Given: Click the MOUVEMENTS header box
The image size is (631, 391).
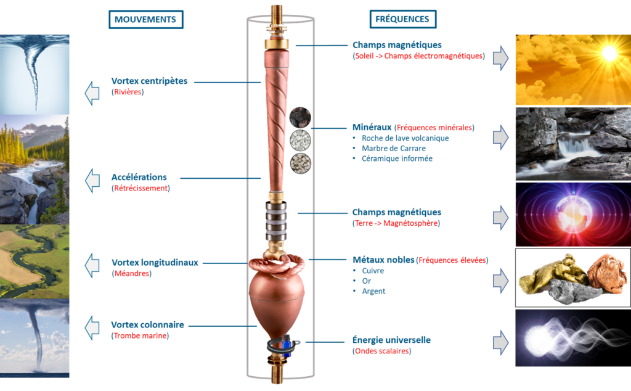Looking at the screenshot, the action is tap(145, 19).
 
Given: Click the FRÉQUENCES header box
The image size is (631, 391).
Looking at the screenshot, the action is tap(402, 19).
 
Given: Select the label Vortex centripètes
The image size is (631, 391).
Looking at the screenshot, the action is tap(149, 81).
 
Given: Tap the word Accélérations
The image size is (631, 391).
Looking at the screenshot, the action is tap(139, 177).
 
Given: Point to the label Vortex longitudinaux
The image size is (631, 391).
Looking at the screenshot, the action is tap(155, 263).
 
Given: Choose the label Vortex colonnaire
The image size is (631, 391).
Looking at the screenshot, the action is tap(147, 324).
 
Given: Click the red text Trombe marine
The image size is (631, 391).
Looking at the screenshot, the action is tap(140, 336).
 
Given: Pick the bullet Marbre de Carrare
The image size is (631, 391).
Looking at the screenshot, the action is tap(394, 148).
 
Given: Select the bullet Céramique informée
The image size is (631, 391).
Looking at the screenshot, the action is tap(397, 158).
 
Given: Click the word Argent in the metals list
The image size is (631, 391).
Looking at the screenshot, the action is tap(373, 291).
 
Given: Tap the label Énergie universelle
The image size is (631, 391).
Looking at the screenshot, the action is tap(391, 340).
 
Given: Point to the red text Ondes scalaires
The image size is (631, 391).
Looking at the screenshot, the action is tap(382, 351).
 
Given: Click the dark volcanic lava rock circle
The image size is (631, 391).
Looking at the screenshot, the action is tap(300, 118).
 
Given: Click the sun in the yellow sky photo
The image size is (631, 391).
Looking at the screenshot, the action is tap(609, 53).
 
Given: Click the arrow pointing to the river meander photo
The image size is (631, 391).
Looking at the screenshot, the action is tap(92, 265).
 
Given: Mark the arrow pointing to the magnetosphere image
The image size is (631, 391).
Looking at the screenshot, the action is tap(500, 218).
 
